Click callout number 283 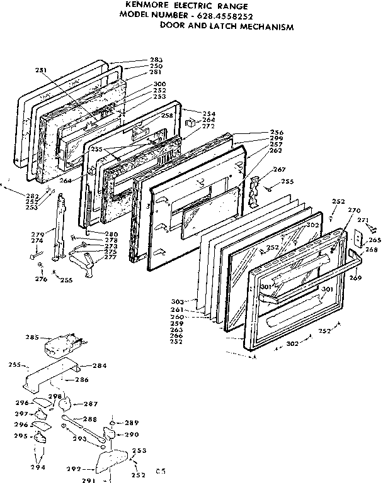coord(156,60)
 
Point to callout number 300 coord(159,84)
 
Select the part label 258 coord(166,116)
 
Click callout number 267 coord(279,169)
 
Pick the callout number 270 coord(354,210)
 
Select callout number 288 coord(90,419)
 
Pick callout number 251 coord(41,70)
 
